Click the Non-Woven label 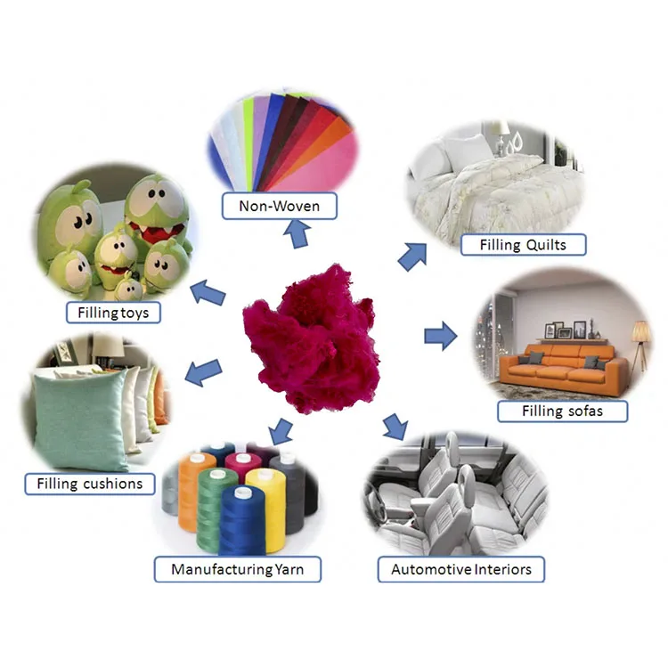click(x=279, y=208)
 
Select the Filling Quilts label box click(x=522, y=244)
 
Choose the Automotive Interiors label click(x=461, y=569)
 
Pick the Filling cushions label click(x=89, y=485)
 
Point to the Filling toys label click(x=113, y=313)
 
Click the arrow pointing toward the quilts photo click(x=411, y=256)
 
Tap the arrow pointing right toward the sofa click(x=439, y=336)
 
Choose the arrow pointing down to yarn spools click(x=281, y=430)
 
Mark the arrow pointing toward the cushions click(x=204, y=371)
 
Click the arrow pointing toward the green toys click(x=209, y=292)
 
